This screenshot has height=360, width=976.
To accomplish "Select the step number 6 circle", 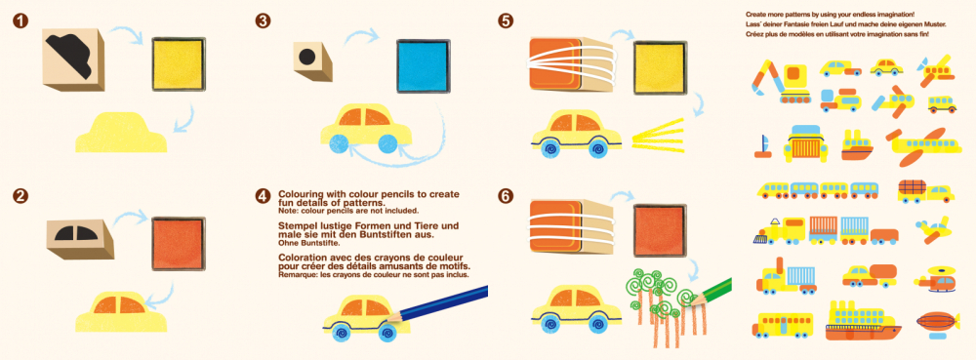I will point(505,196).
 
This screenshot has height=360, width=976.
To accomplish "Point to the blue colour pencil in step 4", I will point(448,304).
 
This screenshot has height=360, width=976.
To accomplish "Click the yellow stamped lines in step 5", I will point(665,134).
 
